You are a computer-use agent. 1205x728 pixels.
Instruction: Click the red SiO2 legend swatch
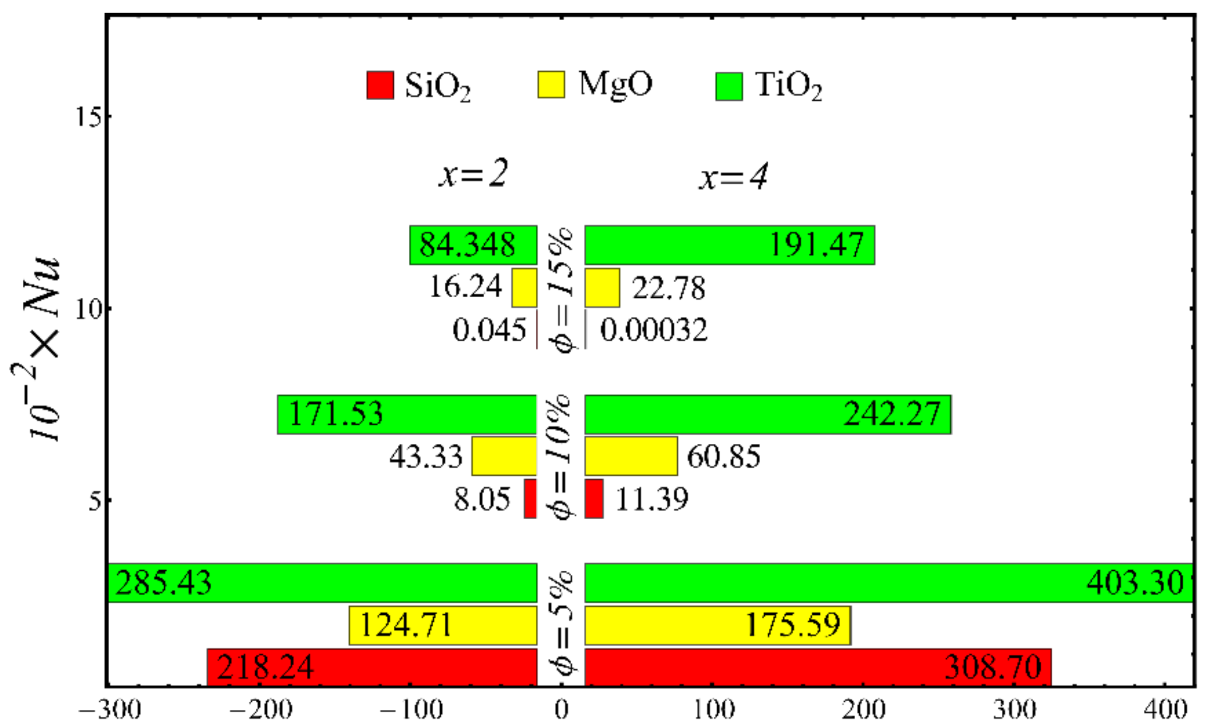coord(380,85)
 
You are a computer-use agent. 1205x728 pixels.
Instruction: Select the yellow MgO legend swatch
coord(550,84)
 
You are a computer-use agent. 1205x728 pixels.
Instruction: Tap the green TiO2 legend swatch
coord(729,86)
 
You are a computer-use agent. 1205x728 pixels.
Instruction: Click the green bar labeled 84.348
coord(473,245)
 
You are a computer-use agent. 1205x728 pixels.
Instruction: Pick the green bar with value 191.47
coord(729,245)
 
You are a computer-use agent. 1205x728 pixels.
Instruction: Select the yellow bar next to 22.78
coord(602,288)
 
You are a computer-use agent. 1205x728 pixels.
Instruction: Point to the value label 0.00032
coord(653,330)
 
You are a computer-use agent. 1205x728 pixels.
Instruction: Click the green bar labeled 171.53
coord(406,414)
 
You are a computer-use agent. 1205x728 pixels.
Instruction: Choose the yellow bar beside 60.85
coord(631,456)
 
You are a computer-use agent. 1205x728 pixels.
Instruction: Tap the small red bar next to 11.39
coord(594,498)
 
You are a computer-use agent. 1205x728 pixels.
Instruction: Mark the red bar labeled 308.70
coord(818,667)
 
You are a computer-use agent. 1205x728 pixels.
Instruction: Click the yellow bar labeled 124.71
coord(443,625)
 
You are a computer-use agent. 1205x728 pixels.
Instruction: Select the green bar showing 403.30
coord(889,582)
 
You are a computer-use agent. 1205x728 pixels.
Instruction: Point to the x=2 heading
coord(473,174)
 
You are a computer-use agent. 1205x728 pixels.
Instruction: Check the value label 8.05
coord(482,499)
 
